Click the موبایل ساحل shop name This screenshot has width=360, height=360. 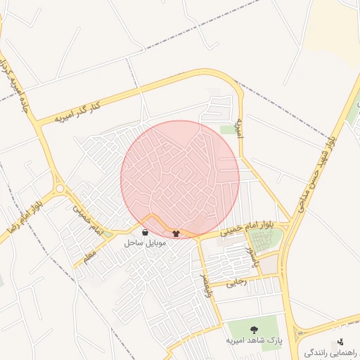(x=145, y=243)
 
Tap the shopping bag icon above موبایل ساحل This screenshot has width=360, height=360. (x=145, y=232)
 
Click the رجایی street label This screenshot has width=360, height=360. (x=236, y=283)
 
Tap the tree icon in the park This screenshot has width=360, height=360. (x=255, y=328)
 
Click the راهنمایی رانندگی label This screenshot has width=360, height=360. (x=330, y=351)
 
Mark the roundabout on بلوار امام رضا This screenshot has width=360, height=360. (x=59, y=188)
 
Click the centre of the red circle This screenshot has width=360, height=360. (x=180, y=179)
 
